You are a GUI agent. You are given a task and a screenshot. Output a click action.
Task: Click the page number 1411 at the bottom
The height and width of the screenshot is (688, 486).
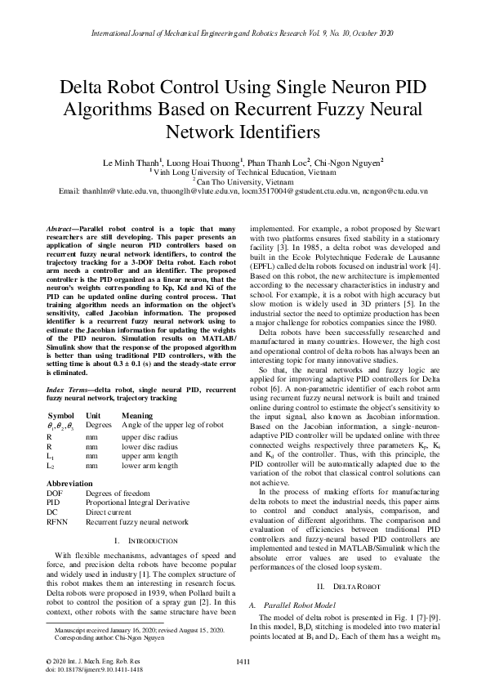tap(242, 661)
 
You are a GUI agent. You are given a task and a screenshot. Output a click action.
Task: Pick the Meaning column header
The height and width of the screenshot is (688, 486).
tap(136, 416)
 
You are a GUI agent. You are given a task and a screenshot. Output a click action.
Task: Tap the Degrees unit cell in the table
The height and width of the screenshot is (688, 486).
tap(98, 425)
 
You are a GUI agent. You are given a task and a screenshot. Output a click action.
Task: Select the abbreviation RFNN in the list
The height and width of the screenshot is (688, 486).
tap(57, 521)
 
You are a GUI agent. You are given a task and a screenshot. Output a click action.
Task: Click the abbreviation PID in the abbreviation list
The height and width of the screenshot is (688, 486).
tap(53, 503)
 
